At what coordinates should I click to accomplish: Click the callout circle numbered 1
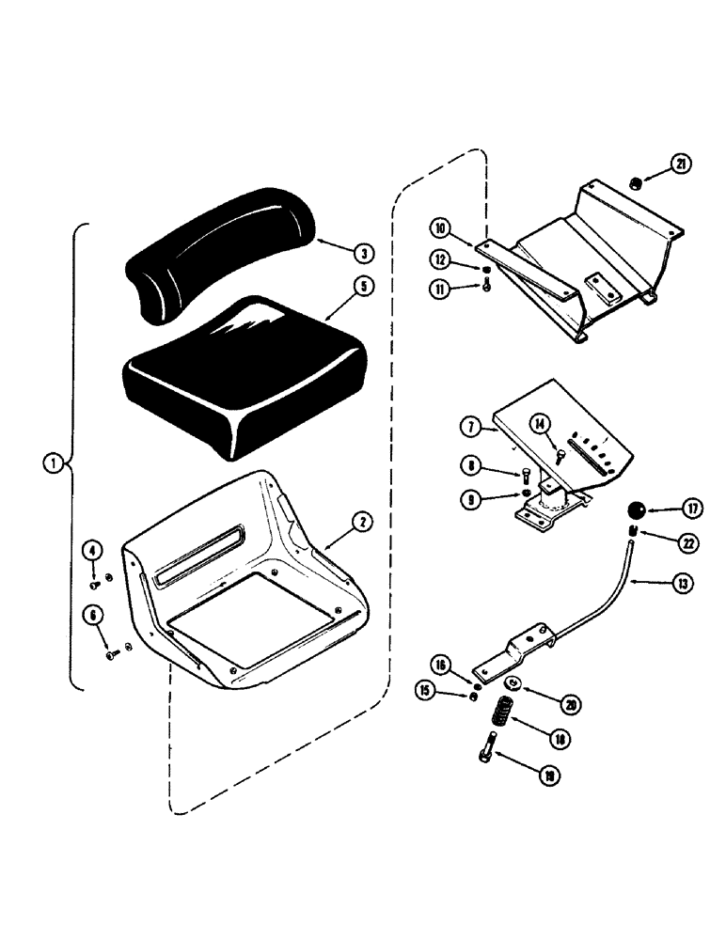click(54, 462)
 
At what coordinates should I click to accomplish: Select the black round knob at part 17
click(636, 512)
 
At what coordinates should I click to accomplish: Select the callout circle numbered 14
click(538, 425)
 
